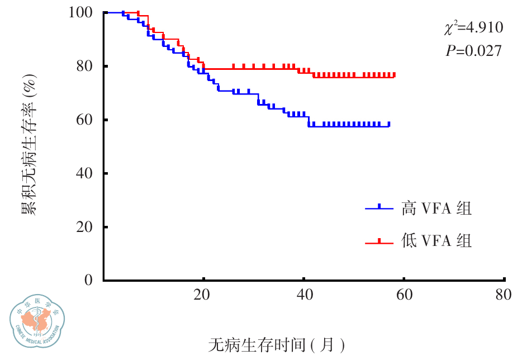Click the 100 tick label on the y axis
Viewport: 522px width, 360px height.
pos(81,12)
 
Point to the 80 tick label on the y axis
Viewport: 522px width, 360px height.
pos(85,66)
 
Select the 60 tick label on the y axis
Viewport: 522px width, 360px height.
pos(85,120)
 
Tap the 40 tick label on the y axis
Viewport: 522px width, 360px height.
pos(85,173)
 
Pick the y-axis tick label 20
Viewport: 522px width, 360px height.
pos(85,227)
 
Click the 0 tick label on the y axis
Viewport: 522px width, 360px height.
pos(89,280)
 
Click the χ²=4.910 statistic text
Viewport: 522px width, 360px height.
pos(473,28)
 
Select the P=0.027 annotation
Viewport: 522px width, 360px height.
pos(473,51)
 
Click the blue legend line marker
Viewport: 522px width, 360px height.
pos(380,209)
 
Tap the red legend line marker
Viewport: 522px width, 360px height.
pos(380,242)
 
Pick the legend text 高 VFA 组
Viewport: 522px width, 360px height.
pos(436,209)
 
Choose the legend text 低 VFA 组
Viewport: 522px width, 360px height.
pos(436,241)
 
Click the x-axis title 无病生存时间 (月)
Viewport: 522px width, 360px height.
pos(277,345)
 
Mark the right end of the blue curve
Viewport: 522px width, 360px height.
pos(389,125)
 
